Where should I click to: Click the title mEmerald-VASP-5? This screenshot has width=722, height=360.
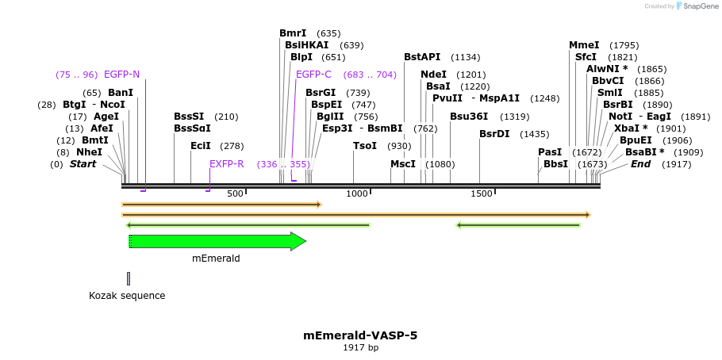[x=360, y=335]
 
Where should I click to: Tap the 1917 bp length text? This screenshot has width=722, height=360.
[x=360, y=348]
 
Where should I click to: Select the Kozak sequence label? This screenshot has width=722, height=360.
[x=127, y=296]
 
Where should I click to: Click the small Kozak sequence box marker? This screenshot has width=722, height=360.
[x=129, y=278]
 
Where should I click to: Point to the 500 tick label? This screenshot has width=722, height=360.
[x=235, y=193]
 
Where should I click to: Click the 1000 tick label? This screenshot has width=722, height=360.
[x=358, y=193]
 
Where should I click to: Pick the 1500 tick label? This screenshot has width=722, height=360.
[x=481, y=193]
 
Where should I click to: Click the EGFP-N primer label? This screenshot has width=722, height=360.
[x=121, y=75]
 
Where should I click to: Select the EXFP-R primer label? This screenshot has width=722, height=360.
[x=226, y=164]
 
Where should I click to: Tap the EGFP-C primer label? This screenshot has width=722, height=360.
[x=313, y=75]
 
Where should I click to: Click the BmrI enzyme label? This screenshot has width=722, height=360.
[x=293, y=33]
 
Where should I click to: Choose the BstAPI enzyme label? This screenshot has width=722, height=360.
[x=422, y=57]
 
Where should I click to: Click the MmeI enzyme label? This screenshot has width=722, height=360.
[x=584, y=45]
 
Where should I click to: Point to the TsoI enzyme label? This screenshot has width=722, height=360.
[x=365, y=146]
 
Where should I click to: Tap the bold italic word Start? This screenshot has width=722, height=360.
[x=83, y=164]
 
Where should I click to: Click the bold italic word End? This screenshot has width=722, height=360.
[x=640, y=164]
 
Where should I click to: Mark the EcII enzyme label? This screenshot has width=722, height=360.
[x=201, y=146]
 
